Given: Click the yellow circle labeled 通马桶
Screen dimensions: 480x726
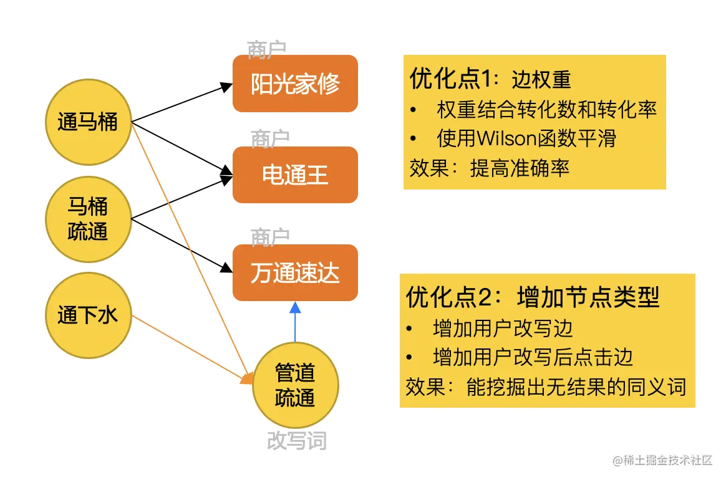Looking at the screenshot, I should click(x=88, y=122).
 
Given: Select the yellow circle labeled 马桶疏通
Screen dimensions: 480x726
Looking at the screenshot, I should click(x=88, y=219).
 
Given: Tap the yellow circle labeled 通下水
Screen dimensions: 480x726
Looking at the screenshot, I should click(x=88, y=315).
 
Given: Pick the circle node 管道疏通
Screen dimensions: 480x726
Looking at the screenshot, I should click(x=295, y=385).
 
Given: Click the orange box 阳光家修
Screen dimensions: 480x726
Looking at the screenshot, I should click(x=295, y=84).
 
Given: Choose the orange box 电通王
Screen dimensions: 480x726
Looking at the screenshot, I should click(x=295, y=175).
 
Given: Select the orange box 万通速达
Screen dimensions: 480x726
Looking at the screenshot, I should click(x=295, y=272).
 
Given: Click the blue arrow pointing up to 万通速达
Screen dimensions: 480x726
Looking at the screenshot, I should click(x=295, y=321).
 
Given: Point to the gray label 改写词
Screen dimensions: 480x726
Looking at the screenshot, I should click(x=296, y=441).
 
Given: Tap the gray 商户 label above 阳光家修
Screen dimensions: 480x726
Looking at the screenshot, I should click(x=266, y=49).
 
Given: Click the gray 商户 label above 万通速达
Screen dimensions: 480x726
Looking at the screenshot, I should click(x=270, y=237).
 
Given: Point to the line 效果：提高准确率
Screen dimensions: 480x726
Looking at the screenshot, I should click(x=490, y=168).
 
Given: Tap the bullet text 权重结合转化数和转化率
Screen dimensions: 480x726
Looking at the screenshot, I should click(x=547, y=110).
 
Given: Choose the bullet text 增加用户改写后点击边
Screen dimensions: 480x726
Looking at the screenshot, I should click(x=533, y=357).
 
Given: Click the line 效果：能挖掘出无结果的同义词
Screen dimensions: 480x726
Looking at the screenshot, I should click(x=546, y=386).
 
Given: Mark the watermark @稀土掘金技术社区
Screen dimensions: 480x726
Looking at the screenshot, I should click(x=662, y=461).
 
